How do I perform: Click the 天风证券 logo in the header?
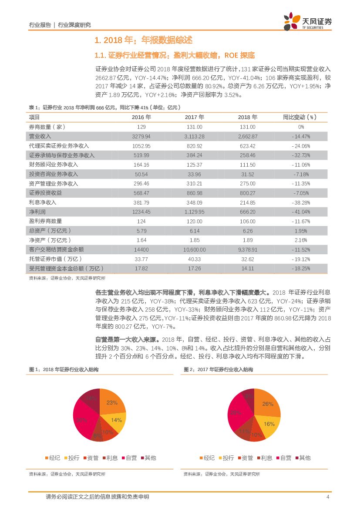[307, 20]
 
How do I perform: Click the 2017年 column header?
[194, 117]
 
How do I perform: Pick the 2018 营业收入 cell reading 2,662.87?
[248, 136]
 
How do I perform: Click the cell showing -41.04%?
[301, 212]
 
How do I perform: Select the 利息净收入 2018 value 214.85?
[248, 202]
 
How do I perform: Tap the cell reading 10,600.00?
[194, 249]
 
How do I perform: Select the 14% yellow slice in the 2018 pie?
[116, 420]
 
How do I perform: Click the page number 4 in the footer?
[328, 497]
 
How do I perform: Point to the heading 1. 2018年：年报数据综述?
[143, 40]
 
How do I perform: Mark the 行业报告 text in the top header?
[40, 25]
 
